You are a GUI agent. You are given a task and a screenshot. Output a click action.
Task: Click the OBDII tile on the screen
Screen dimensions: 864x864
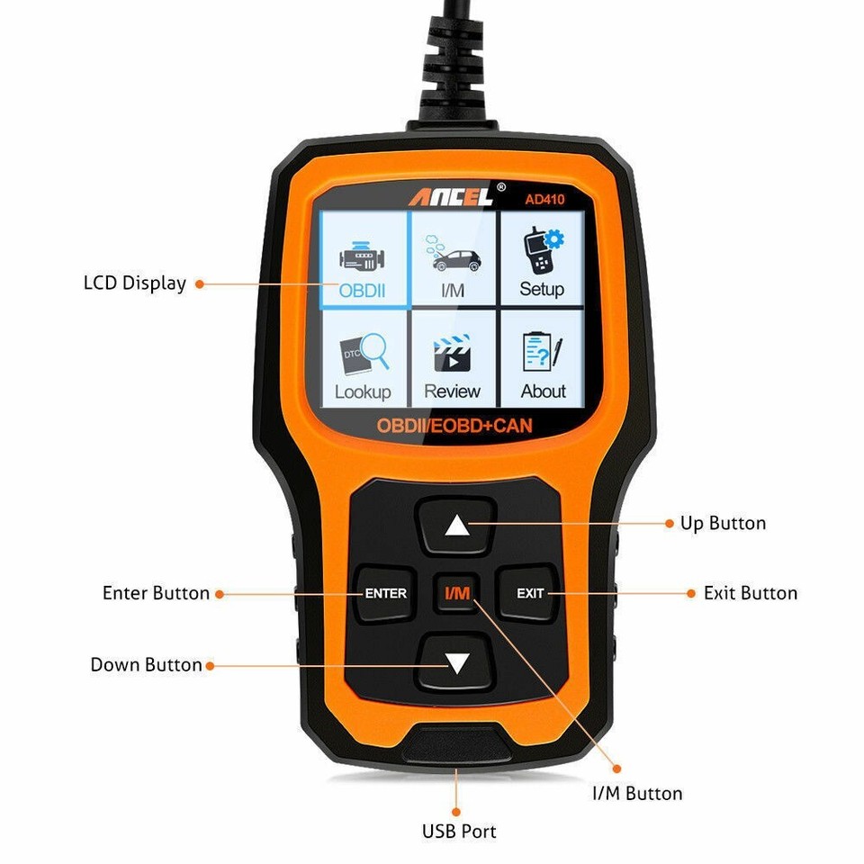pyautogui.click(x=362, y=259)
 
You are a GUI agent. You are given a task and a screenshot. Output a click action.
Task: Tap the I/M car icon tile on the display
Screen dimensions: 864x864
pyautogui.click(x=453, y=259)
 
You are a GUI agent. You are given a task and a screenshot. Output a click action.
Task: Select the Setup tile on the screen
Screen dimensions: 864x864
pyautogui.click(x=541, y=259)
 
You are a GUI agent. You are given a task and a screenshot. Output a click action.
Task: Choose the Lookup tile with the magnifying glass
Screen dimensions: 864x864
pyautogui.click(x=362, y=360)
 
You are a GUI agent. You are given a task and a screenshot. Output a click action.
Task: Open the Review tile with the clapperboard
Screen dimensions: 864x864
pyautogui.click(x=453, y=360)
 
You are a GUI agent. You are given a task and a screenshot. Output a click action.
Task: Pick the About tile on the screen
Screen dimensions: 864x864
pyautogui.click(x=543, y=360)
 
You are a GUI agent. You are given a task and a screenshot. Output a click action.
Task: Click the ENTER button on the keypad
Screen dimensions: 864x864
pyautogui.click(x=385, y=593)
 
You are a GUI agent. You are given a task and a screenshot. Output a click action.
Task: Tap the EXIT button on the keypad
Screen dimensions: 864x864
pyautogui.click(x=530, y=593)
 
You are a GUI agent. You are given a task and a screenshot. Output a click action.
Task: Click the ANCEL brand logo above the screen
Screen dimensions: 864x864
pyautogui.click(x=452, y=195)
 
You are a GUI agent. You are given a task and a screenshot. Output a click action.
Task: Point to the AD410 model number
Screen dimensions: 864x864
pyautogui.click(x=544, y=199)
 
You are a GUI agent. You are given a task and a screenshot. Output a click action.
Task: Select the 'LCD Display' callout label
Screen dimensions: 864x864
pyautogui.click(x=134, y=283)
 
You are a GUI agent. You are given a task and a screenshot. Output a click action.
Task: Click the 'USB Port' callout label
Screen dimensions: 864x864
pyautogui.click(x=459, y=832)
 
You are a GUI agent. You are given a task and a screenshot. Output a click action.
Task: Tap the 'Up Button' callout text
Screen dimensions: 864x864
pyautogui.click(x=723, y=524)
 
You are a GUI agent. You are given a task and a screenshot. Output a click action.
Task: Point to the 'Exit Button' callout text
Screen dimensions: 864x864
pyautogui.click(x=750, y=593)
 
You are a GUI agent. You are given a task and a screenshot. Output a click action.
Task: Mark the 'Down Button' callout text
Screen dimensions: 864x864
pyautogui.click(x=146, y=665)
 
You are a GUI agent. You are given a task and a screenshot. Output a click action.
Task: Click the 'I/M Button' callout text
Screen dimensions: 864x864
pyautogui.click(x=636, y=794)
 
